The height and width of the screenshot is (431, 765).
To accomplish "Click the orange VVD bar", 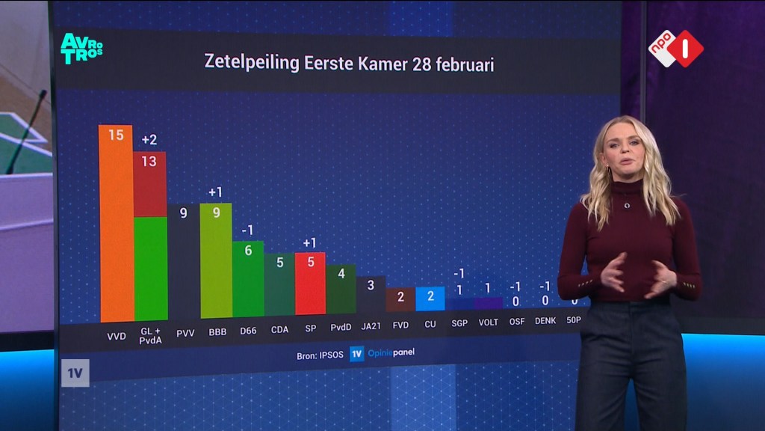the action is tap(116, 223).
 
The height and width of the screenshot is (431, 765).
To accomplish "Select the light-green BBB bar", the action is tap(216, 260).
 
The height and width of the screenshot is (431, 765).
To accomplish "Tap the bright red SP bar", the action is tap(310, 284).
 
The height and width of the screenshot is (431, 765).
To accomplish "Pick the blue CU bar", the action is tap(430, 299).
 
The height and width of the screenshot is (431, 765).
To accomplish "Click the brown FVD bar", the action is tap(400, 300).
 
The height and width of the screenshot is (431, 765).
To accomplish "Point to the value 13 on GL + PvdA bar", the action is tap(149, 162).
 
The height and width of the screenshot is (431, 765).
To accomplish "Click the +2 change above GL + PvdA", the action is tap(149, 140).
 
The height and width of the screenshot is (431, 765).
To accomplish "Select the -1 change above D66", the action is tap(248, 230).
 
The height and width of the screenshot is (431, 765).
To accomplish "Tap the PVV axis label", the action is tap(185, 333).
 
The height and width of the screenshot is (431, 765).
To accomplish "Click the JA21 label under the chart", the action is tap(371, 326).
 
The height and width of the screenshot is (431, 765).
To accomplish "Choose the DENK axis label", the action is tap(545, 320).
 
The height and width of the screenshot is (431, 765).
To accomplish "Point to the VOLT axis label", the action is tap(488, 323).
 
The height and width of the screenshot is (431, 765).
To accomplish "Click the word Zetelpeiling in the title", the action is tap(252, 62).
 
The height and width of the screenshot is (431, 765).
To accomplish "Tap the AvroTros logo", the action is tap(81, 49).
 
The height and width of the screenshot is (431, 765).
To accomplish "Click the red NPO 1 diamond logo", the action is tap(686, 49).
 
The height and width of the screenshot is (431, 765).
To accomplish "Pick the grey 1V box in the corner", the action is tap(75, 373).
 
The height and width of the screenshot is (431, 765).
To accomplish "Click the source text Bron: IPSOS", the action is tap(320, 355).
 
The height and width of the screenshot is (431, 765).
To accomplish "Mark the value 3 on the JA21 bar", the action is tap(371, 285).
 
